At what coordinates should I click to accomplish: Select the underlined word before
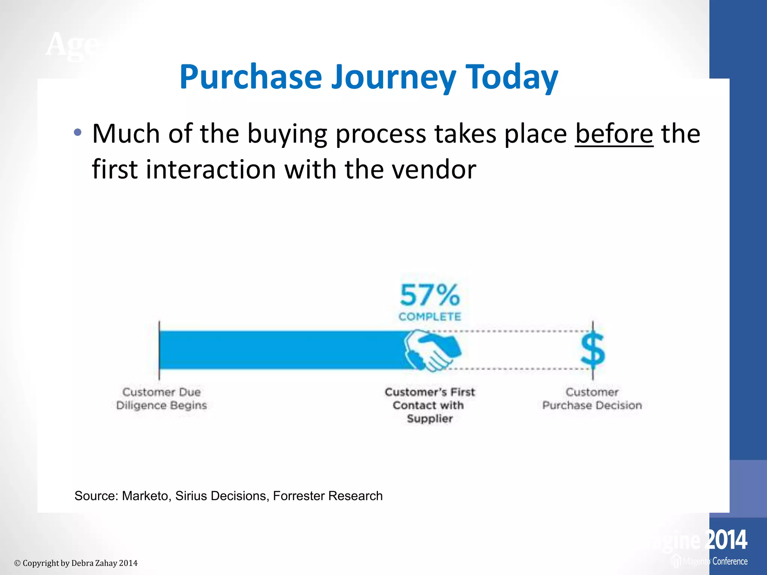tap(614, 134)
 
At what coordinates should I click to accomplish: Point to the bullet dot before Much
tap(78, 132)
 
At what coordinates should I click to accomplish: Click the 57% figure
tap(430, 295)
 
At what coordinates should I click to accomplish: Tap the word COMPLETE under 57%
tap(430, 317)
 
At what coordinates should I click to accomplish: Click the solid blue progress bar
tap(281, 350)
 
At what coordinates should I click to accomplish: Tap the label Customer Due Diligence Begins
tap(161, 399)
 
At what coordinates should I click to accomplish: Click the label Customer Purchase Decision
tap(592, 399)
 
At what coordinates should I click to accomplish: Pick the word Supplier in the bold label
tap(430, 419)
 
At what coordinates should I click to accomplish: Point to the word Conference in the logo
tap(730, 562)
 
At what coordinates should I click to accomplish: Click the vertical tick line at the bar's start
tap(159, 350)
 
